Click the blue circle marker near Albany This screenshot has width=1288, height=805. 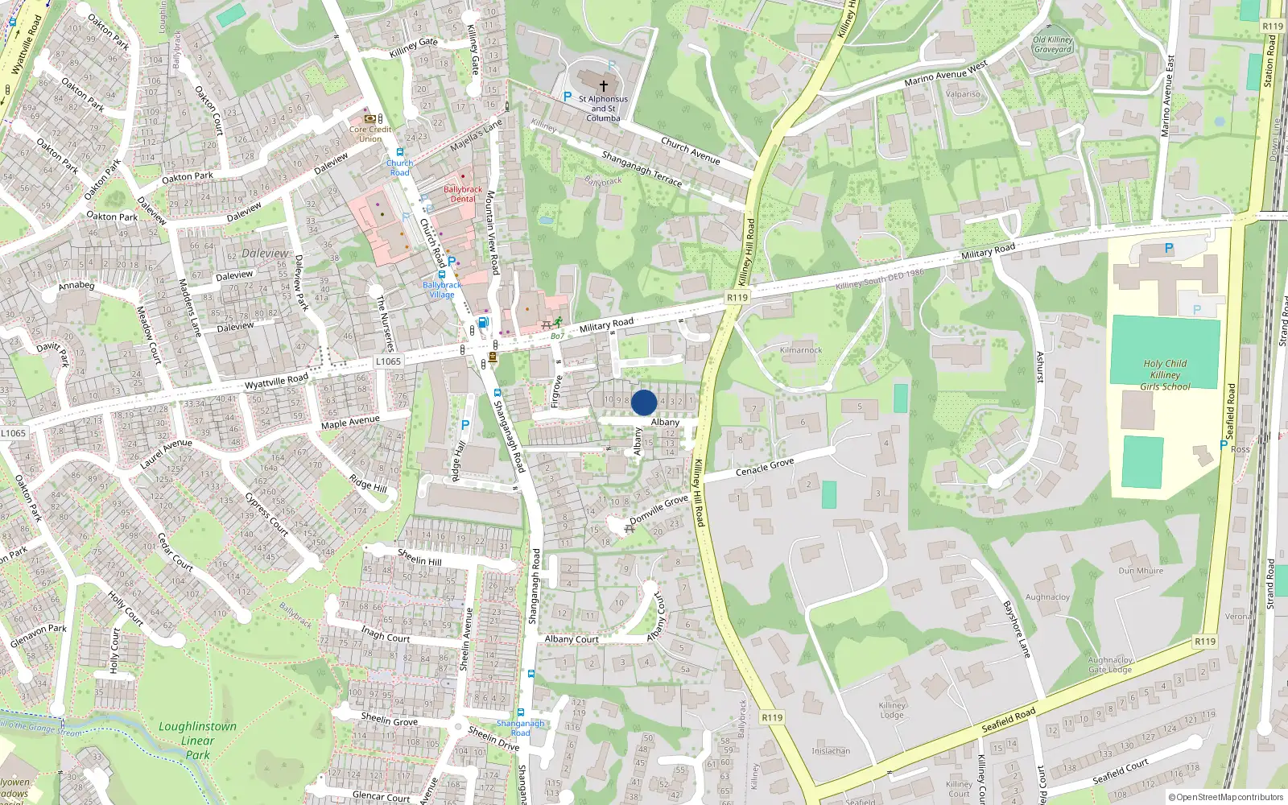(x=644, y=402)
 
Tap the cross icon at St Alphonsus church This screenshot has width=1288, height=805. (x=603, y=85)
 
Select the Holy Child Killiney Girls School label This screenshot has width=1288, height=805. (x=1165, y=374)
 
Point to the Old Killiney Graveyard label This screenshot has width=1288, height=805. (x=1053, y=44)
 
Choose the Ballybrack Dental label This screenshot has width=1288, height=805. (x=463, y=194)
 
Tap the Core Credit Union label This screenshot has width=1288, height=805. (x=370, y=134)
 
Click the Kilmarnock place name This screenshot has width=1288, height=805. (x=801, y=350)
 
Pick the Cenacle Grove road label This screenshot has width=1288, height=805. (x=765, y=467)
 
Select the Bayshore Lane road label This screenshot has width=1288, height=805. (x=1016, y=629)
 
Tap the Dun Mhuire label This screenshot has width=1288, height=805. (x=1141, y=571)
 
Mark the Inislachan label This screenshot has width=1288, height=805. (x=831, y=751)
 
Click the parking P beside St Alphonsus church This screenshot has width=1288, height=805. (x=568, y=97)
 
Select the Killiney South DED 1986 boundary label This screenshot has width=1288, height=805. (x=880, y=279)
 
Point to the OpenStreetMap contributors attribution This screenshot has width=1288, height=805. (x=1226, y=797)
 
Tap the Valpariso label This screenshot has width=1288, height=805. (x=963, y=94)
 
